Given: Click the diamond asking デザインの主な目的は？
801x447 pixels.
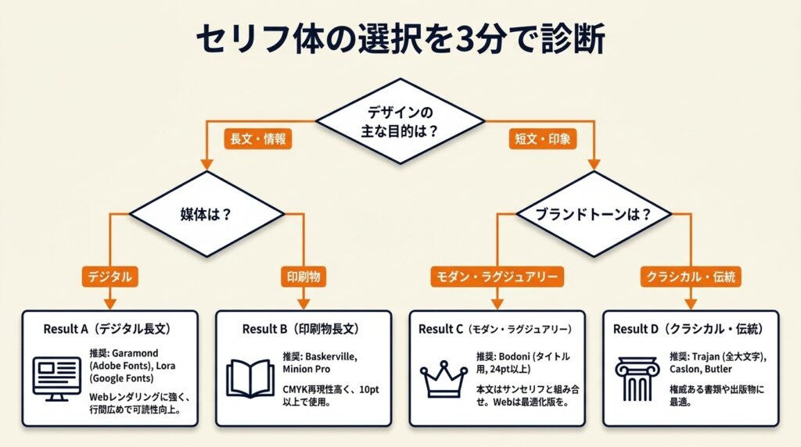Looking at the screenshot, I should point(399,121).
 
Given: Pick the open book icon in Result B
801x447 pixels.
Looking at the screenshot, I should point(250,378).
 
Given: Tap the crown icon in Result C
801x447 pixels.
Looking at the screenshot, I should point(444,379).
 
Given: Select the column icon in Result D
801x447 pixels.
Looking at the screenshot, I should point(638,379).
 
